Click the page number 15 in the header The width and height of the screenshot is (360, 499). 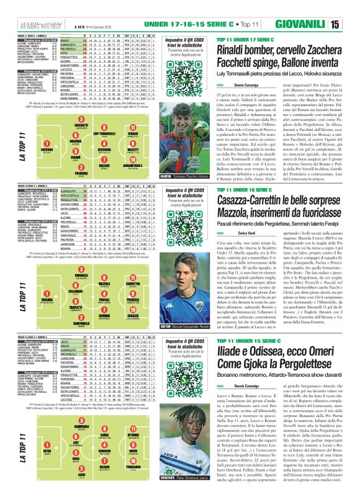pos(352,7)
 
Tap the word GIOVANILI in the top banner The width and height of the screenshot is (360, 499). pos(316,7)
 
